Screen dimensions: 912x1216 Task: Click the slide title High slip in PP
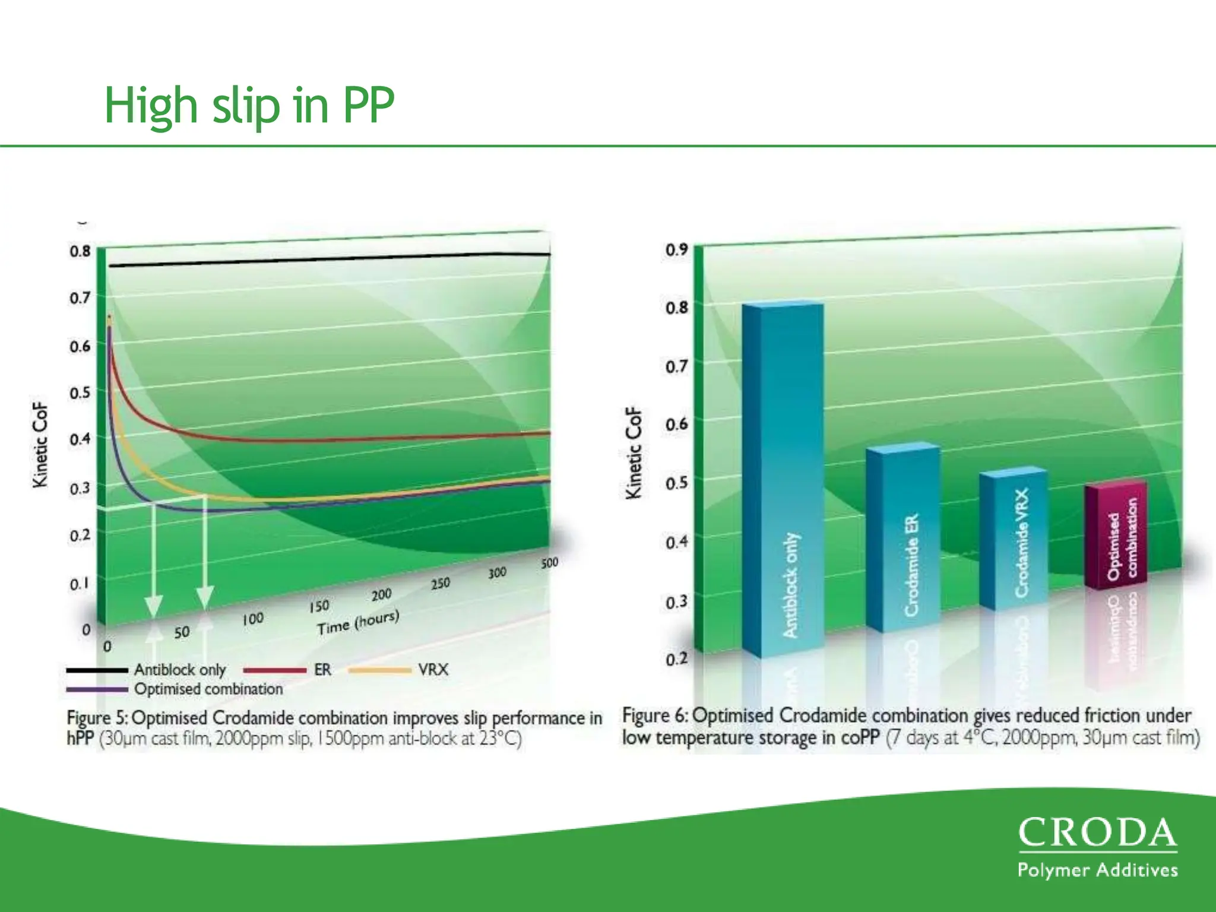[249, 105]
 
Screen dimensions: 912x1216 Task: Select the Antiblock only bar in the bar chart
[783, 475]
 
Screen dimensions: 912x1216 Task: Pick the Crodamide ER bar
[902, 537]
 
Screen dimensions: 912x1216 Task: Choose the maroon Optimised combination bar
[1116, 534]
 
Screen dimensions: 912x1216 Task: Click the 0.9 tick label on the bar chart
[676, 249]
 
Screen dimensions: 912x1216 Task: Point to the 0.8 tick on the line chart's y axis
[80, 251]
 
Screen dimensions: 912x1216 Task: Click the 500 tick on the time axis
[549, 563]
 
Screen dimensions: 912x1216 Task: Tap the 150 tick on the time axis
[319, 606]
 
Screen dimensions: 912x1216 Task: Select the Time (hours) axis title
[358, 622]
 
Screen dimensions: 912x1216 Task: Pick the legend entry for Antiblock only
[179, 670]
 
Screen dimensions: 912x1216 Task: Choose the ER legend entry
[322, 670]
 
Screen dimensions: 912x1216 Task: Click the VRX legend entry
[433, 670]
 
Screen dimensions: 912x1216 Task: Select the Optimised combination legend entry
[208, 689]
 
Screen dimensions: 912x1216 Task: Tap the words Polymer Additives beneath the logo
[1097, 870]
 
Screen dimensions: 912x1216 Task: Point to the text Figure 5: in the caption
[97, 718]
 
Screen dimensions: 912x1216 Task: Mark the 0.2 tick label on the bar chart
[676, 658]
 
